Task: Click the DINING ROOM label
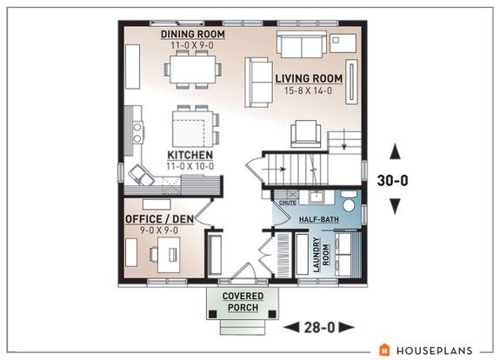(193, 34)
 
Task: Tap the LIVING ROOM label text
(309, 78)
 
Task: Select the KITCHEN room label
(190, 155)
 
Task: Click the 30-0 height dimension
(395, 181)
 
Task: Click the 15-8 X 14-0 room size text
(309, 91)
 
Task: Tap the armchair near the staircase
(304, 133)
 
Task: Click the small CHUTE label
(284, 201)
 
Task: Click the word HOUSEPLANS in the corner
(434, 350)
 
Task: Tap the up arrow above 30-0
(395, 152)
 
